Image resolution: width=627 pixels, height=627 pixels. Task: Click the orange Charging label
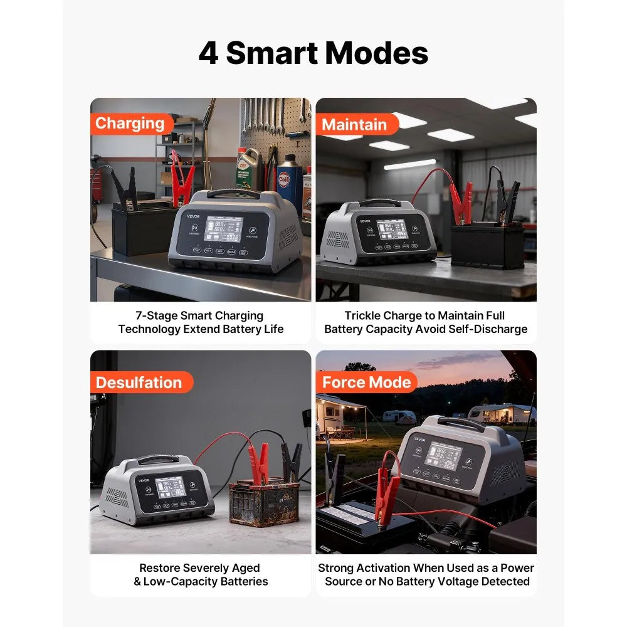coord(130,124)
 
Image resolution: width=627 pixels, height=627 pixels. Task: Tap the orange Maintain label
coord(354,124)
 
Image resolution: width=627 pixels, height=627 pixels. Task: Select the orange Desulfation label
coord(139,382)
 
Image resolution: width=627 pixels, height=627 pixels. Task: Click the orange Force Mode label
coord(366,382)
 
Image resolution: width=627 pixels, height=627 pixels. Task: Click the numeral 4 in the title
coord(208,54)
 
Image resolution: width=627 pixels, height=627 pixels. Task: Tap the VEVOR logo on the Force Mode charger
coord(419,440)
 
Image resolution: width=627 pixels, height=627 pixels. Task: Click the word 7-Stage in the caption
coord(157,315)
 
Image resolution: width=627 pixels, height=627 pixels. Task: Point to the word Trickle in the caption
coord(364,315)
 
